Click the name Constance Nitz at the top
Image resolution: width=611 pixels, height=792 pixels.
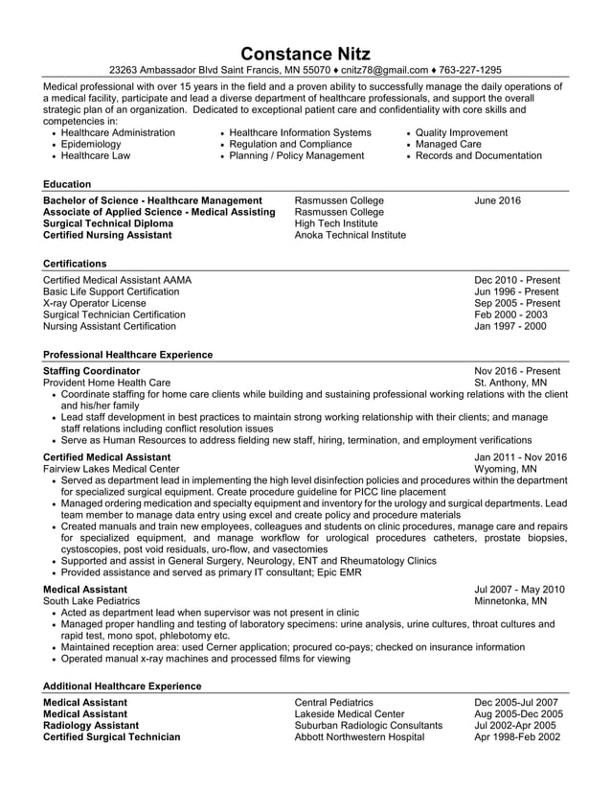click(x=305, y=53)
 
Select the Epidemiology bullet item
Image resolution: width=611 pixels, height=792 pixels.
click(x=91, y=144)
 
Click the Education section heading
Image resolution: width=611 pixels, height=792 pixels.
click(x=67, y=184)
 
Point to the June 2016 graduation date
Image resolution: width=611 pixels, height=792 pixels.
click(x=497, y=200)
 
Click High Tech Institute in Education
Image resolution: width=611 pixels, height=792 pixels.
click(x=336, y=223)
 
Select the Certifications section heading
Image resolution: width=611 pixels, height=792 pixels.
click(x=75, y=264)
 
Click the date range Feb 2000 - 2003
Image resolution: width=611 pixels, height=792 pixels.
click(x=510, y=314)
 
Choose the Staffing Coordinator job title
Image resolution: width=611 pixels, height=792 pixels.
click(x=92, y=371)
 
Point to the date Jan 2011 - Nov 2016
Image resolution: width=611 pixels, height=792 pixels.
click(x=520, y=458)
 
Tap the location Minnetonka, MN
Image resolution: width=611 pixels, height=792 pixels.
click(x=510, y=601)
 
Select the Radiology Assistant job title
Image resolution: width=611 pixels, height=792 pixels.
click(x=91, y=726)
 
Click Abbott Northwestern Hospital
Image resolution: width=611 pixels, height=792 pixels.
click(x=359, y=737)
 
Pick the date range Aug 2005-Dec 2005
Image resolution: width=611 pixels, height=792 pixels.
click(x=518, y=714)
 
